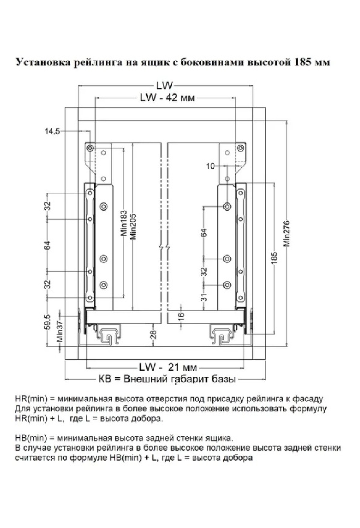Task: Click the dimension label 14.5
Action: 52,131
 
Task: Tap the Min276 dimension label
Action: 287,233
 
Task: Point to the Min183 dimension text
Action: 124,223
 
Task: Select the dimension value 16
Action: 181,316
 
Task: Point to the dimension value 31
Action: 204,297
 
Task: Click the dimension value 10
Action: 211,166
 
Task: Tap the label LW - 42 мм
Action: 167,98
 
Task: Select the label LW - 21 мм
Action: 168,367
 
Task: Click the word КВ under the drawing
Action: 105,379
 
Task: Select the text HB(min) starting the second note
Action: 31,438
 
